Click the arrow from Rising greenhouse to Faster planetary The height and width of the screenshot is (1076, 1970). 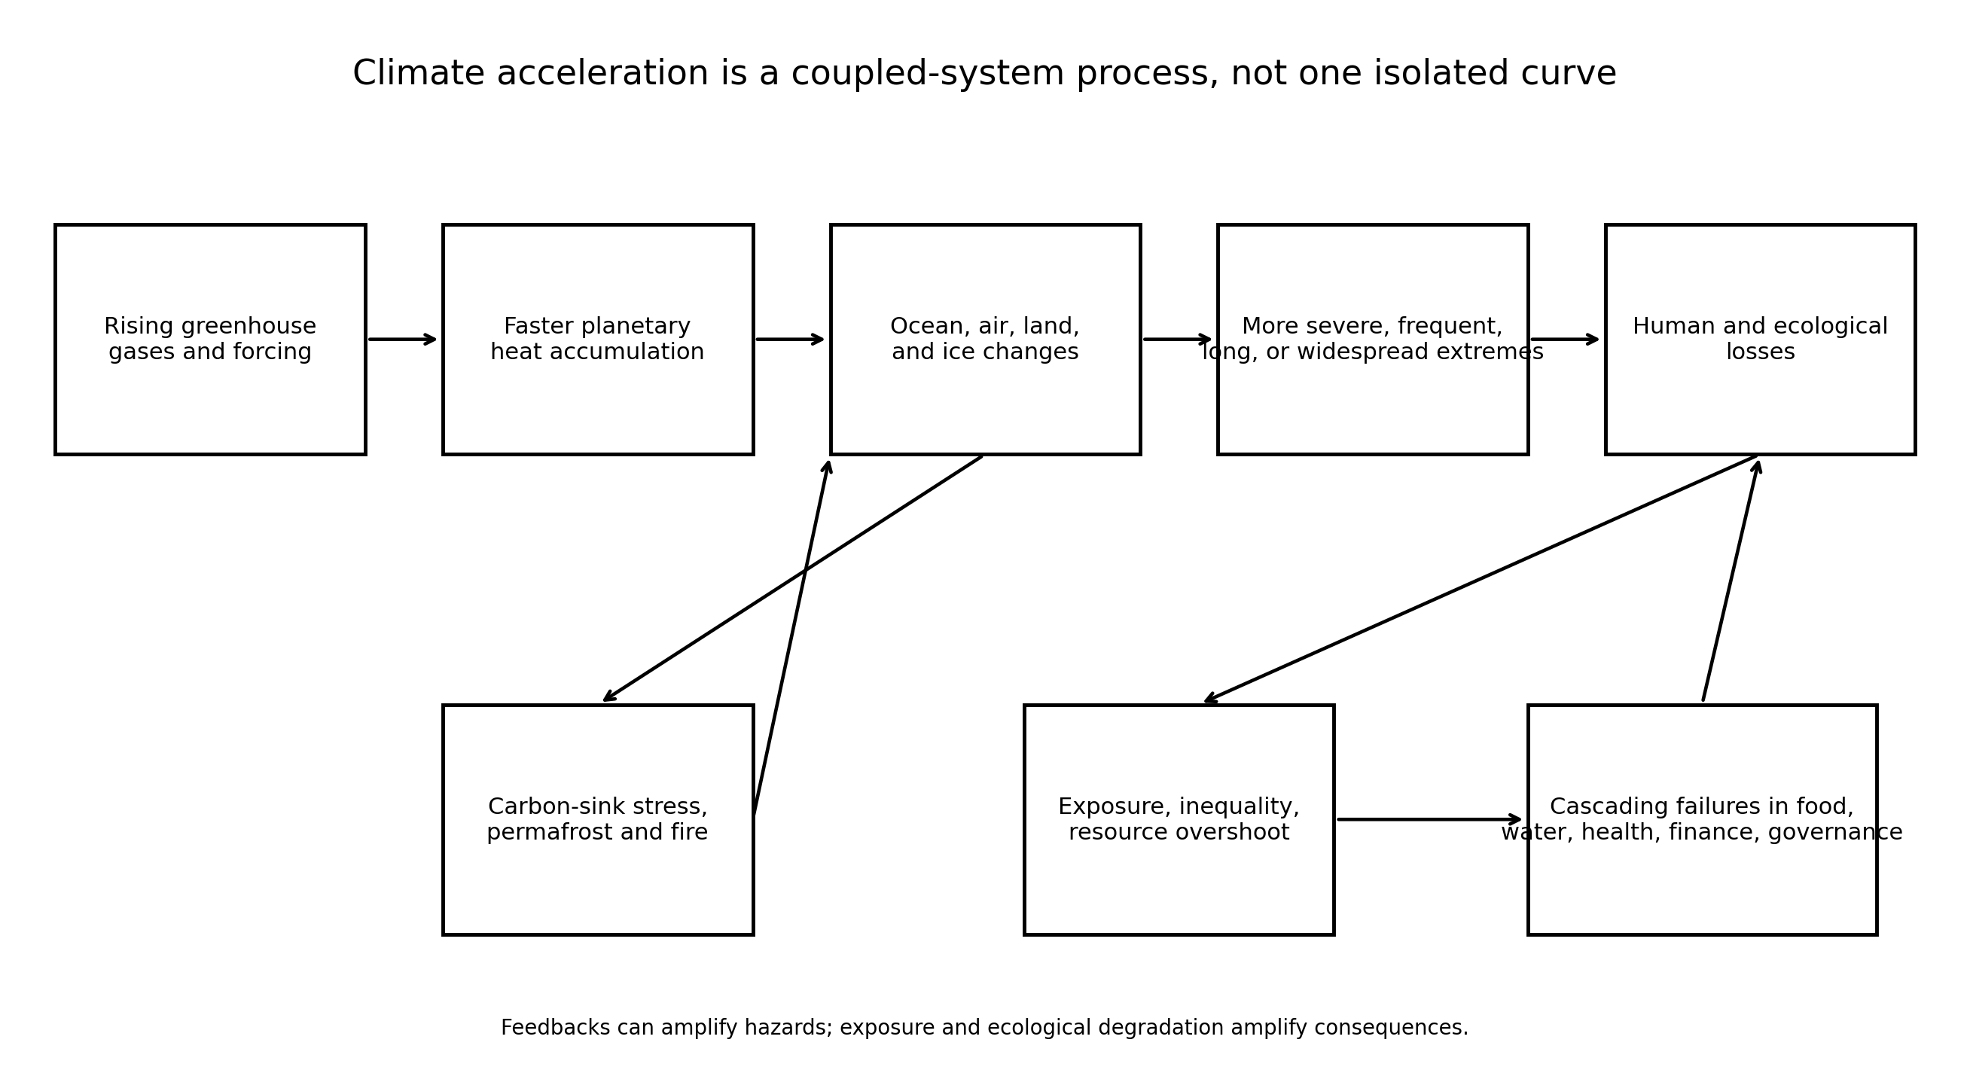point(402,340)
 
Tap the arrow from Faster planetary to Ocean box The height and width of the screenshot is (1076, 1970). point(790,340)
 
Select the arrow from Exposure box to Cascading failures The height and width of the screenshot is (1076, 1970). point(1429,820)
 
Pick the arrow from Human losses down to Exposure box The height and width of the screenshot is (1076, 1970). point(1481,579)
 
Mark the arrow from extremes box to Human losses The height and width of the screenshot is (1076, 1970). point(1565,340)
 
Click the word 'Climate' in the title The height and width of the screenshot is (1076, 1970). point(418,75)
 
